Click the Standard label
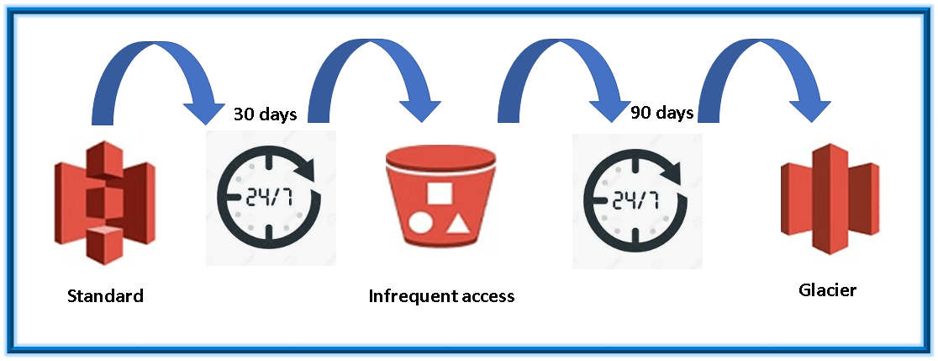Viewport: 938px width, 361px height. coord(105,296)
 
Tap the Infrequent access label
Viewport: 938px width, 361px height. coord(441,296)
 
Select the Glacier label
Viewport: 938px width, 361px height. coord(827,290)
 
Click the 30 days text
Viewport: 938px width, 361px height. coord(265,114)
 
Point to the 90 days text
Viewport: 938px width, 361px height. coord(661,113)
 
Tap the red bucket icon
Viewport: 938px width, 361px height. coord(437,197)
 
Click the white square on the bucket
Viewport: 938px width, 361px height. coord(439,193)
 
